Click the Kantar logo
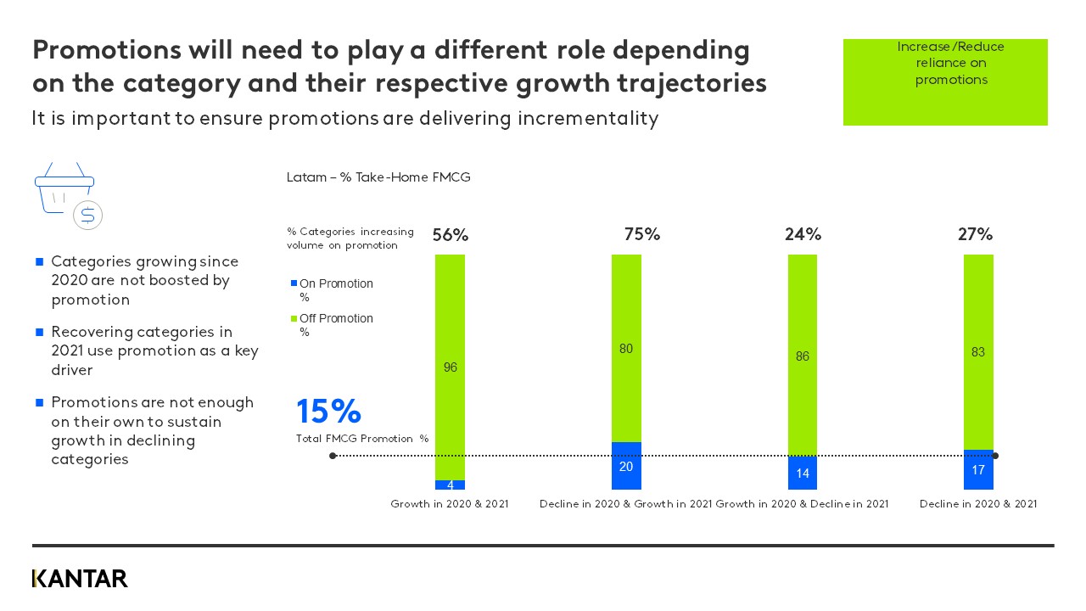click(x=80, y=579)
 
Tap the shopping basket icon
click(x=65, y=191)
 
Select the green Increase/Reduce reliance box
click(x=945, y=82)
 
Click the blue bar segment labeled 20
click(x=626, y=466)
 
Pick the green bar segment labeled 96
click(x=450, y=367)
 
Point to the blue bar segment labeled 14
click(x=803, y=473)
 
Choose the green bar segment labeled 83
click(x=978, y=352)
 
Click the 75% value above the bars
click(x=642, y=235)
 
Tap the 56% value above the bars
click(x=450, y=236)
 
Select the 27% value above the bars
click(x=975, y=235)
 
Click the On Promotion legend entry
click(x=335, y=284)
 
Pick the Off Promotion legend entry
click(x=335, y=319)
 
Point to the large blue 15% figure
click(x=328, y=412)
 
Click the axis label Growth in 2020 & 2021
click(x=450, y=504)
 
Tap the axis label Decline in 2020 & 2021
click(x=978, y=504)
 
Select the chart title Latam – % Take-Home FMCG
click(x=378, y=177)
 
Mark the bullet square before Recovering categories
click(x=39, y=332)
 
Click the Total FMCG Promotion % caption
click(x=362, y=439)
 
